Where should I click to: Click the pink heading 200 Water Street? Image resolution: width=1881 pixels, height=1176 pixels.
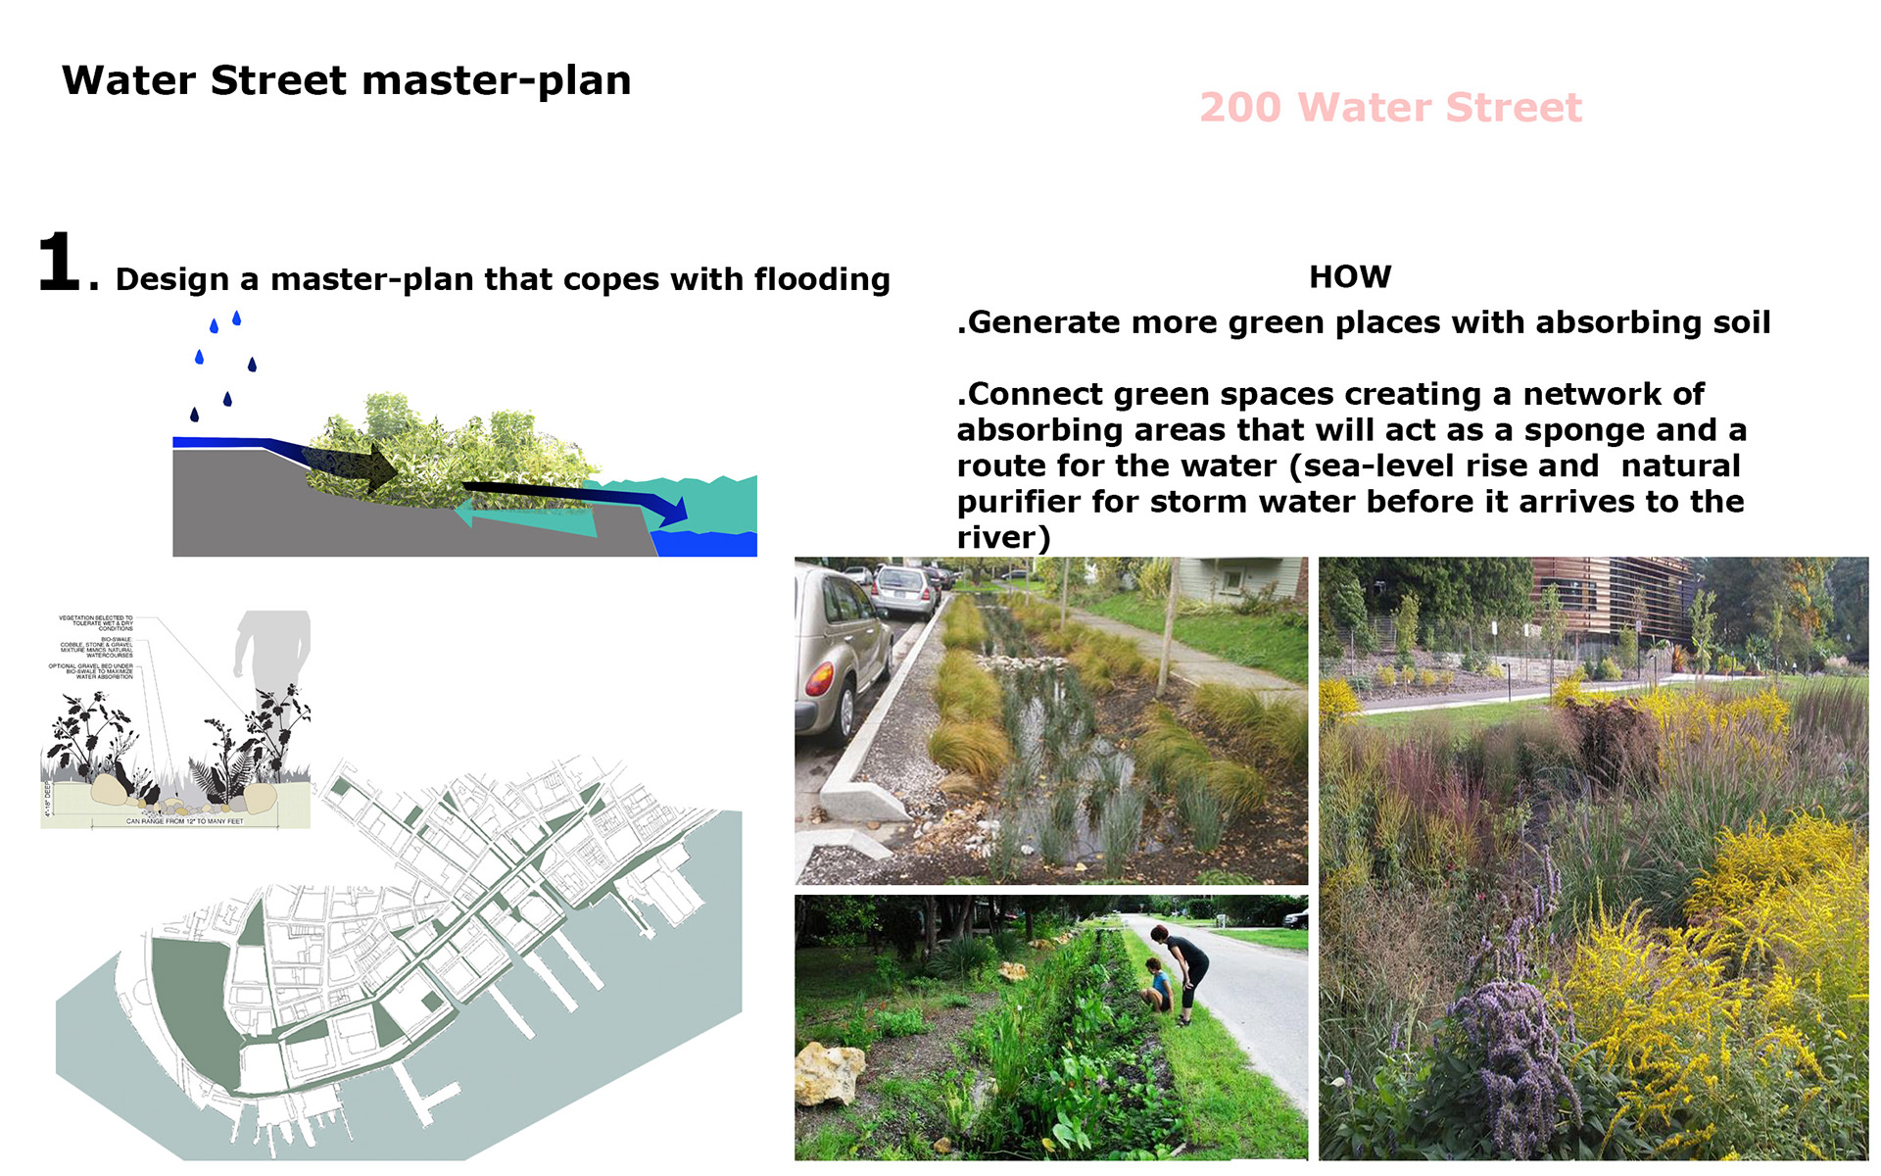(1390, 107)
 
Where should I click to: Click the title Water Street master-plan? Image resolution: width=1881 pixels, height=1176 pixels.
(346, 80)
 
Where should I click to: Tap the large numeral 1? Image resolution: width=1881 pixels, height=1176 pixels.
(59, 262)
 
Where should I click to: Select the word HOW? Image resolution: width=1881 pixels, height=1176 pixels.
(1349, 276)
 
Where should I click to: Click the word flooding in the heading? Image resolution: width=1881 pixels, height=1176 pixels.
(821, 279)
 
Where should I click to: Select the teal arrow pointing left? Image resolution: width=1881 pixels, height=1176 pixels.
(519, 515)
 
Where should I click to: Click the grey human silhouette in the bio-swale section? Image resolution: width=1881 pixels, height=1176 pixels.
(272, 652)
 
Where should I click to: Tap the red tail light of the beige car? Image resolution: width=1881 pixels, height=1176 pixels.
(819, 678)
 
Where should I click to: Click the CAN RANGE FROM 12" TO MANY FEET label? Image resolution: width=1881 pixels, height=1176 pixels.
(184, 821)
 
